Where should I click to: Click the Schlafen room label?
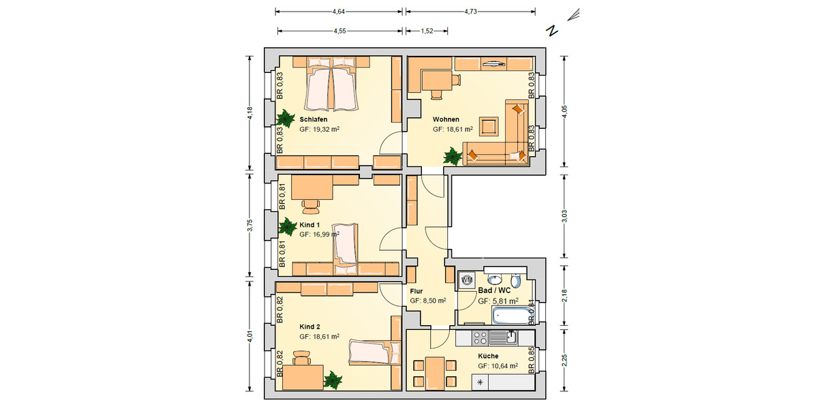click(313, 119)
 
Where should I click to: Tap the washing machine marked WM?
click(467, 280)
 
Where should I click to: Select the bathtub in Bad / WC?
click(511, 316)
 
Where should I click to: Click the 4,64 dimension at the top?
click(337, 12)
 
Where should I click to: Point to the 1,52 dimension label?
click(427, 31)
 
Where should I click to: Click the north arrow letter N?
click(553, 31)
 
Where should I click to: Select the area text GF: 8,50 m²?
click(428, 301)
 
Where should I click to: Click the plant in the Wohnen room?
click(453, 157)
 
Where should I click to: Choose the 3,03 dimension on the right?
click(563, 216)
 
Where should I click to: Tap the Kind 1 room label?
click(310, 224)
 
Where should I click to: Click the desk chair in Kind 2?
click(301, 357)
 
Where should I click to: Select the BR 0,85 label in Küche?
click(532, 361)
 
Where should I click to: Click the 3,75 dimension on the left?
click(250, 226)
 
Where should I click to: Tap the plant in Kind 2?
click(333, 380)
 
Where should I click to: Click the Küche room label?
click(488, 356)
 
